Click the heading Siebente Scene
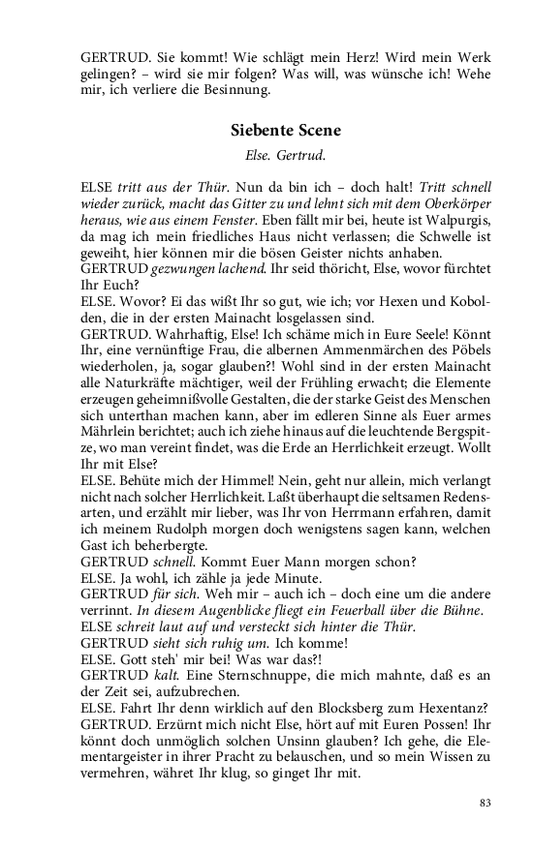coord(286,129)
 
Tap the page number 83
coord(485,802)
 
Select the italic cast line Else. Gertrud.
coord(285,153)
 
